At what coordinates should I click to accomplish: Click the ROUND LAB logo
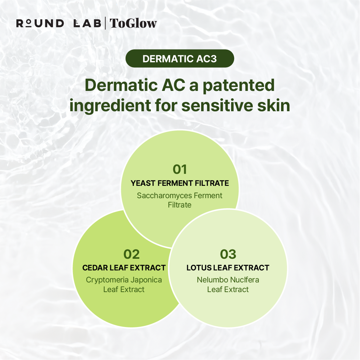(x=59, y=23)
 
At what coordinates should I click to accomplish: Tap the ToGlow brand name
(x=133, y=23)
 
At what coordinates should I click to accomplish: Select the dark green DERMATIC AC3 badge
(x=180, y=59)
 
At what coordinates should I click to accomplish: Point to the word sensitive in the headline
(x=217, y=106)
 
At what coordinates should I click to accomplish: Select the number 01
(x=180, y=170)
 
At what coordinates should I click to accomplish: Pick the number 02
(x=132, y=254)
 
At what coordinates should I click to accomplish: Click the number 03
(x=228, y=254)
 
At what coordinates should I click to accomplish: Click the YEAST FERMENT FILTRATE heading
(x=180, y=183)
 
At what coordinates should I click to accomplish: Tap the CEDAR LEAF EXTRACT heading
(x=124, y=268)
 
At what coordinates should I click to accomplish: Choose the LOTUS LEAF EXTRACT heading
(x=228, y=268)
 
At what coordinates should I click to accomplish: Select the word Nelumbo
(x=212, y=280)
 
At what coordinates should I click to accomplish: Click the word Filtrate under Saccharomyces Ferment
(x=180, y=205)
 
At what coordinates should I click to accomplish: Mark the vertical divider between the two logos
(x=105, y=23)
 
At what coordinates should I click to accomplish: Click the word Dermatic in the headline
(x=121, y=85)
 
